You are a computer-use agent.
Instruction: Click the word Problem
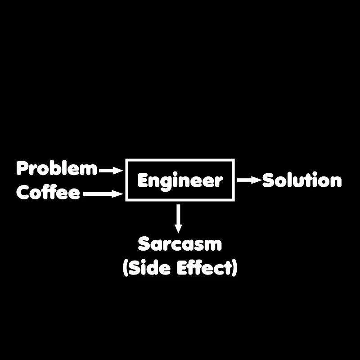click(57, 169)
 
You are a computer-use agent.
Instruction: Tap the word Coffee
click(48, 193)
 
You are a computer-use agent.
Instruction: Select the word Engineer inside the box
click(180, 180)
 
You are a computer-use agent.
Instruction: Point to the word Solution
click(302, 180)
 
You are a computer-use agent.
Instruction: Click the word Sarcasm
click(180, 244)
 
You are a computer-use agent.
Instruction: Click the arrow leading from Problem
click(111, 171)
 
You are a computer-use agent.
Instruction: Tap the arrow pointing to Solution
click(249, 180)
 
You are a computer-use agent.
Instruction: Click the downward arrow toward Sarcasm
click(179, 219)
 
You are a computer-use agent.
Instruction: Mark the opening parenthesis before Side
click(126, 269)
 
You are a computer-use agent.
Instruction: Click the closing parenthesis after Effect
click(234, 269)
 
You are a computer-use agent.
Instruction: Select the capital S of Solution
click(269, 180)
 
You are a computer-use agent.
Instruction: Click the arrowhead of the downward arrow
click(179, 229)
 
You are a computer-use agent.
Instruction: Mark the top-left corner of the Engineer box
click(126, 160)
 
